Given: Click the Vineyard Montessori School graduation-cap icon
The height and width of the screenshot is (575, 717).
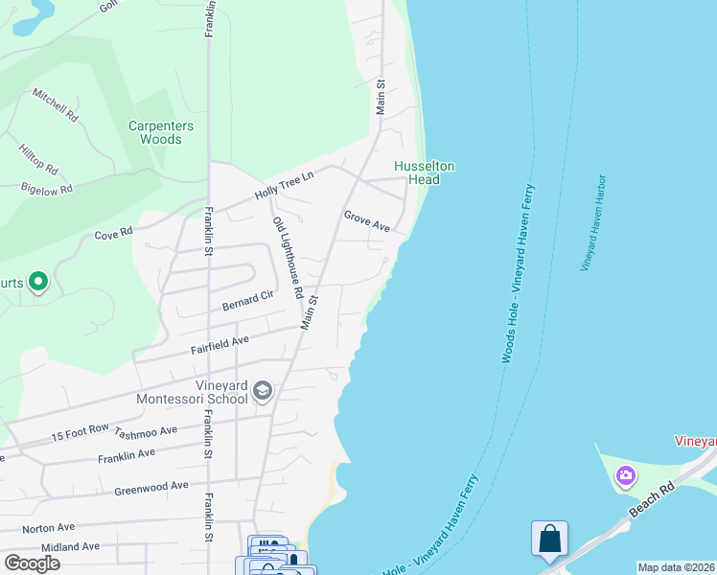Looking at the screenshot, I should tap(263, 391).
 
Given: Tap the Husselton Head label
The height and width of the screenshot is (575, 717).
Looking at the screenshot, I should tap(425, 172).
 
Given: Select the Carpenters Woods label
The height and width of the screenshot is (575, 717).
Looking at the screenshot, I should tap(161, 132).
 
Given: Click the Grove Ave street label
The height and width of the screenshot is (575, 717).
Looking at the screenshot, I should tap(367, 220).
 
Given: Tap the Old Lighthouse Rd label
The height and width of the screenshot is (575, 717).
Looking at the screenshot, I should tap(288, 256).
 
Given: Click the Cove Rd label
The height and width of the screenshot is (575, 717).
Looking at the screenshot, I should tap(113, 234).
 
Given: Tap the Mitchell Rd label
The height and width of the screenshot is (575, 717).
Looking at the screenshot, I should tap(55, 104).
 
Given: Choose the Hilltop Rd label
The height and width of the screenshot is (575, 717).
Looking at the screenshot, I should tap(37, 159).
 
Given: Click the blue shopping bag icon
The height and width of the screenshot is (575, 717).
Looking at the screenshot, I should tap(550, 539).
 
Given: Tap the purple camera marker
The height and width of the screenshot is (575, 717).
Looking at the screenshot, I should tap(625, 474).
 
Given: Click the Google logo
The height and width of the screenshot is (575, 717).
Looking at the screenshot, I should tap(32, 563).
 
